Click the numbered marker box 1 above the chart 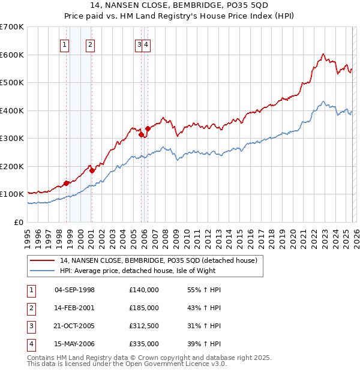pos(64,44)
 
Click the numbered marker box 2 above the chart pos(89,44)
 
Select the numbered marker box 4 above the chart pos(146,44)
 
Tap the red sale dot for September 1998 pos(66,183)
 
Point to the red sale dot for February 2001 pos(92,170)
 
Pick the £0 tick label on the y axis pos(20,222)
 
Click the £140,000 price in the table pos(144,290)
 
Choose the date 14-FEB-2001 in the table pos(74,308)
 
